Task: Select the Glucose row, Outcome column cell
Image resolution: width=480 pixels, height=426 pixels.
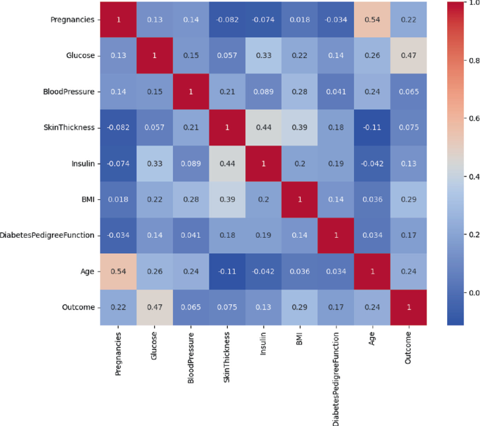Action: tap(409, 55)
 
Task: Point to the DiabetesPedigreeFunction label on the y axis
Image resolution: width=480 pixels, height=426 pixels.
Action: tap(47, 236)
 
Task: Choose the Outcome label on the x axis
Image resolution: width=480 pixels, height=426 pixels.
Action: tap(409, 350)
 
